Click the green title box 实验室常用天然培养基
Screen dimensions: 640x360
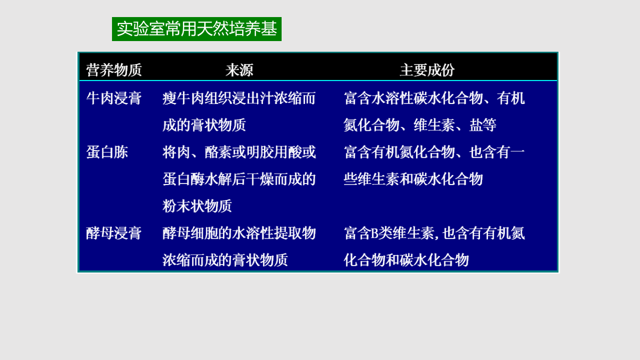[x=197, y=29]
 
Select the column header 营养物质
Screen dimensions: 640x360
[x=114, y=70]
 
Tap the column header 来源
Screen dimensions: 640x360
[x=239, y=70]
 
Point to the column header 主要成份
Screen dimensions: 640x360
[x=427, y=70]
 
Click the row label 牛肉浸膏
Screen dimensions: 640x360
[x=114, y=98]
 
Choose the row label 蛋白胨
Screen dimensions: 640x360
[x=107, y=152]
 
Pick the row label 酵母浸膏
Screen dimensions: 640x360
[x=114, y=233]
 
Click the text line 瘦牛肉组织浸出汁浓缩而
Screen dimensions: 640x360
[x=239, y=98]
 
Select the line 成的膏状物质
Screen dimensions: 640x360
[x=204, y=125]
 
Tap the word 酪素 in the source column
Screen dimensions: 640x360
[x=218, y=152]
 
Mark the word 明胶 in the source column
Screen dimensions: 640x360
[x=260, y=152]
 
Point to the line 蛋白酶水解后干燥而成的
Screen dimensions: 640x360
[x=239, y=179]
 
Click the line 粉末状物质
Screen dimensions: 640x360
[x=197, y=206]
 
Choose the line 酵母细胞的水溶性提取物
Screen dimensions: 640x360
[x=239, y=233]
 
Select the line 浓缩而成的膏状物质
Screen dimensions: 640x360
[x=225, y=260]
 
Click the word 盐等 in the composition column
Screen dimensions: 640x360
[x=483, y=125]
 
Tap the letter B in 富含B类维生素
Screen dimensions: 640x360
[x=375, y=233]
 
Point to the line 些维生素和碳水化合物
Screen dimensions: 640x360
[x=413, y=179]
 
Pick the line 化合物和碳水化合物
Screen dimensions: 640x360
[x=406, y=260]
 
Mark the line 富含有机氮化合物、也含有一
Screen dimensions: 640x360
[x=434, y=152]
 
